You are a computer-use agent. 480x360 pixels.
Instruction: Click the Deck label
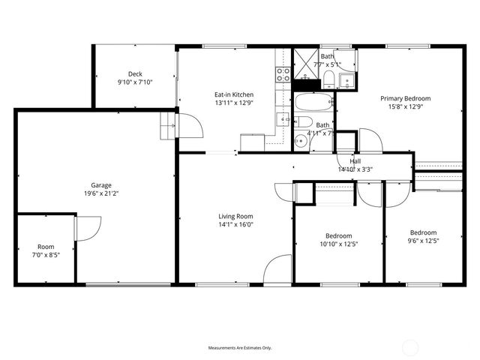click(x=135, y=73)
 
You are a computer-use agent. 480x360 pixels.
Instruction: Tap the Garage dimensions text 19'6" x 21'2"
click(x=101, y=193)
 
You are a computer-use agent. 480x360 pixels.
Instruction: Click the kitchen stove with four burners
click(x=283, y=74)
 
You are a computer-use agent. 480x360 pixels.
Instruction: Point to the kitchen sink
click(x=283, y=118)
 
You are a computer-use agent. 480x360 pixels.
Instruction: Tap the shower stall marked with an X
click(x=306, y=63)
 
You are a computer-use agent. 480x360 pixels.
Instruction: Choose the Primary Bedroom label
click(x=405, y=98)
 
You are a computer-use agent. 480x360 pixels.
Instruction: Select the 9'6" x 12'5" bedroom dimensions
click(x=423, y=241)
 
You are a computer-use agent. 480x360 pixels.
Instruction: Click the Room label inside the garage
click(x=46, y=247)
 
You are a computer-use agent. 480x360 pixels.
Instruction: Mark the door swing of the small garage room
click(x=88, y=227)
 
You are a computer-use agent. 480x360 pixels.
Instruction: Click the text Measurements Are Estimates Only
click(x=239, y=348)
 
